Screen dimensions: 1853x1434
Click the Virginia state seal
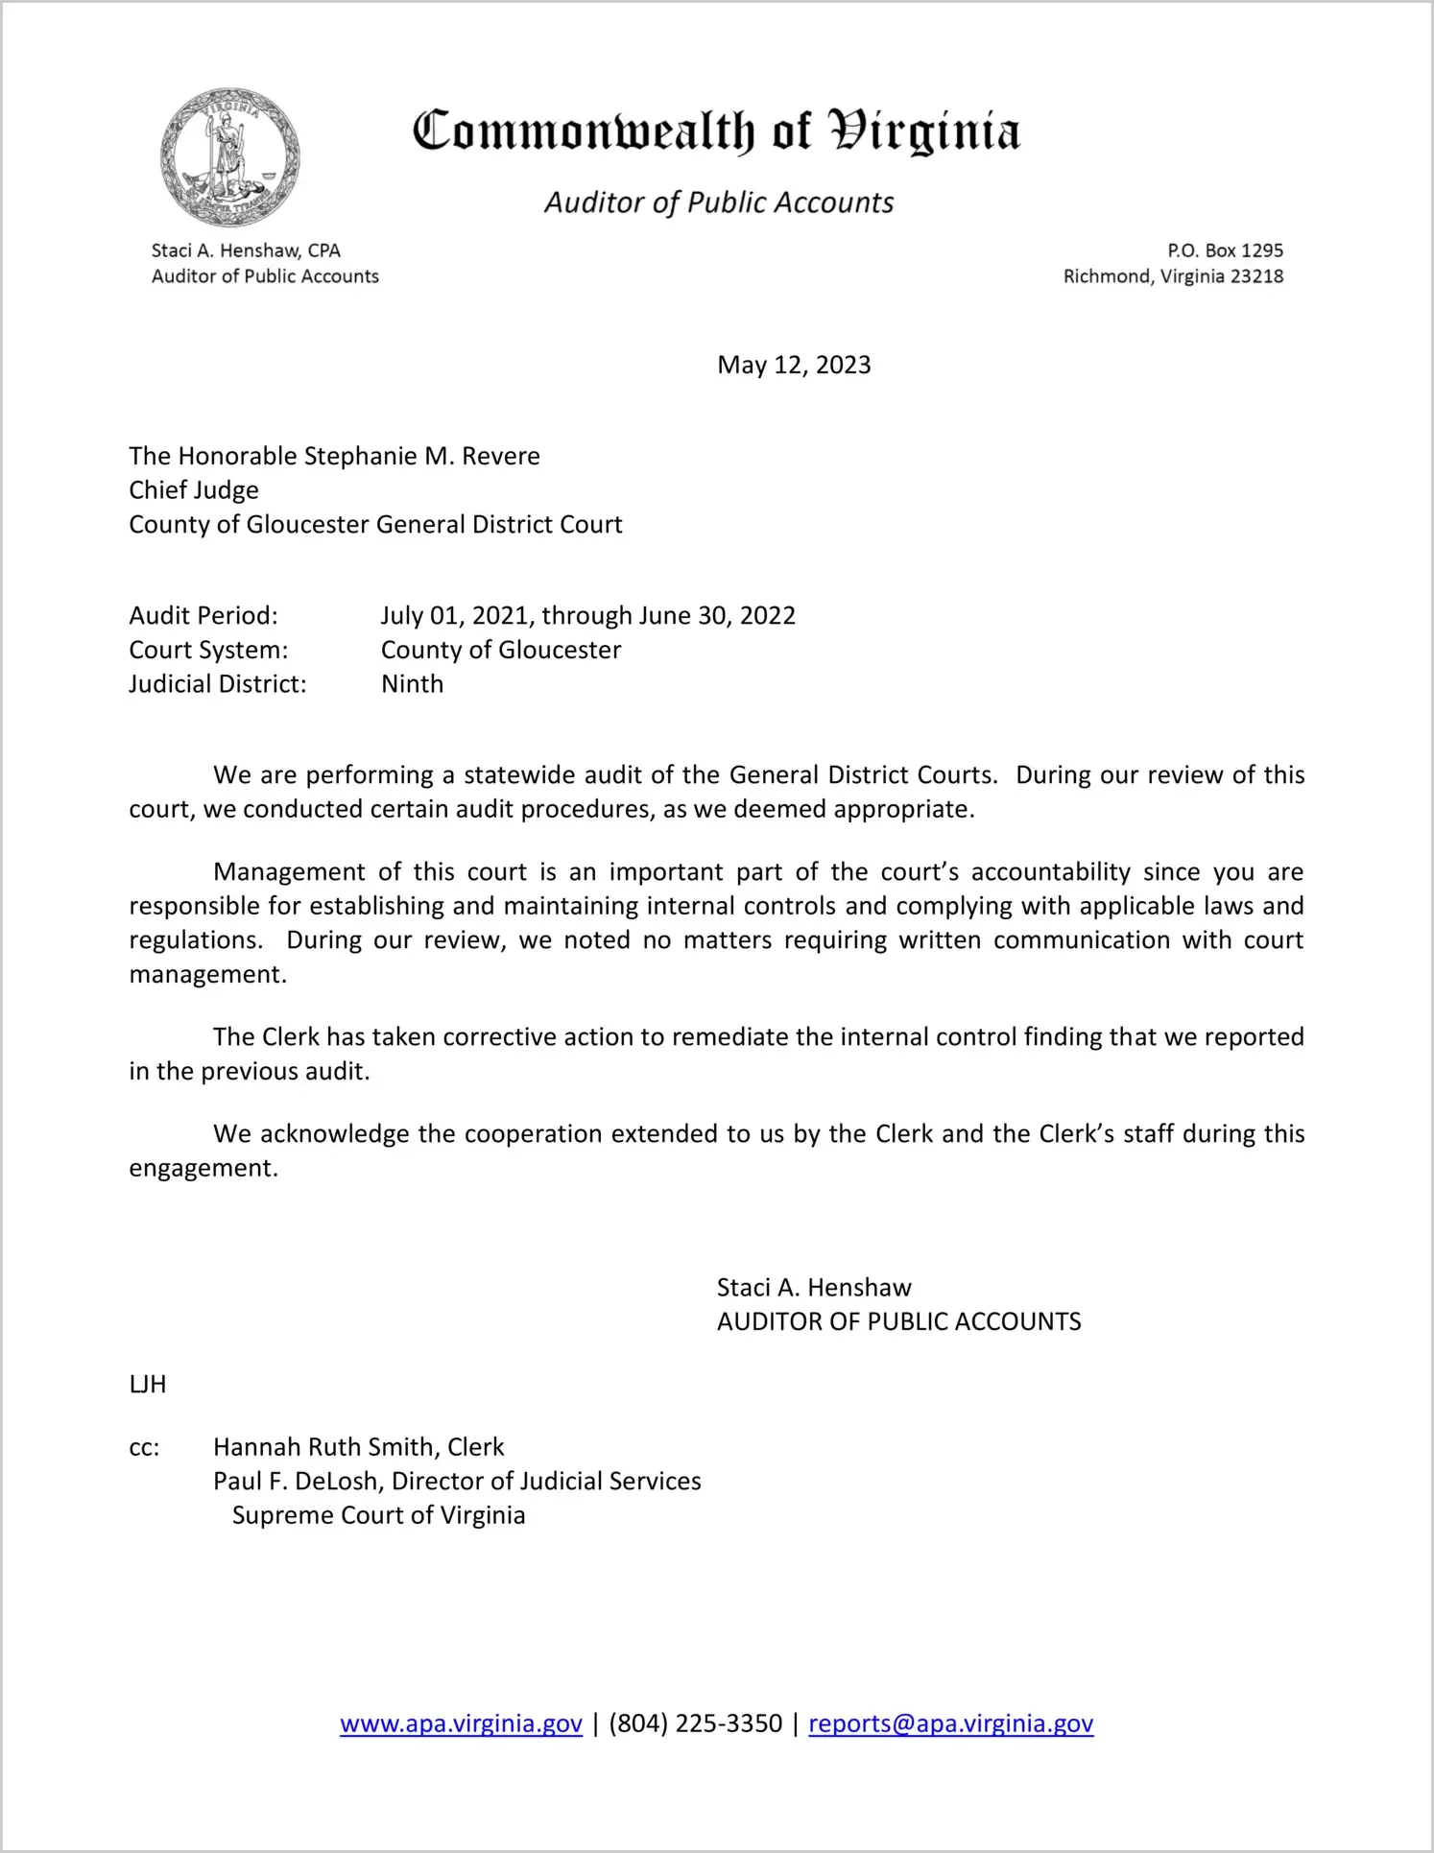tap(229, 157)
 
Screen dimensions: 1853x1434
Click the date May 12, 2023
tap(794, 366)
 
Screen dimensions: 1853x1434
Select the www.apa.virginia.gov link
tap(461, 1723)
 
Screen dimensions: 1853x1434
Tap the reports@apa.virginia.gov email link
tap(950, 1723)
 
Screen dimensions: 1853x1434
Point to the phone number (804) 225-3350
tap(695, 1723)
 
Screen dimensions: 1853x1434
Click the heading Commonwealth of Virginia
tap(716, 131)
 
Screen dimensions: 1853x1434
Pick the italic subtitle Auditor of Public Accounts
tap(719, 202)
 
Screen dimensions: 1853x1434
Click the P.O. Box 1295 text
tap(1225, 250)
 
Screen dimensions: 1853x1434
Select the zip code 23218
tap(1256, 276)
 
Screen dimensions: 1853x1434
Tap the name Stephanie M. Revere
tap(421, 456)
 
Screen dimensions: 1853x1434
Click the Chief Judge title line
tap(194, 490)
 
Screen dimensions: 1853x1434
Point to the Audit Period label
tap(203, 615)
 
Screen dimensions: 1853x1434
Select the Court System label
tap(208, 650)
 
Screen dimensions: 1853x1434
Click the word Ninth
tap(412, 684)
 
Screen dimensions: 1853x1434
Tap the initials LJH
tap(148, 1384)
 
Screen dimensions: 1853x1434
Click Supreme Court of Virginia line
tap(378, 1515)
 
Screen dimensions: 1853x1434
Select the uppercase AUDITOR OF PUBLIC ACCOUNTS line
tap(898, 1321)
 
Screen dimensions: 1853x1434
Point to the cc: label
tap(144, 1447)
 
